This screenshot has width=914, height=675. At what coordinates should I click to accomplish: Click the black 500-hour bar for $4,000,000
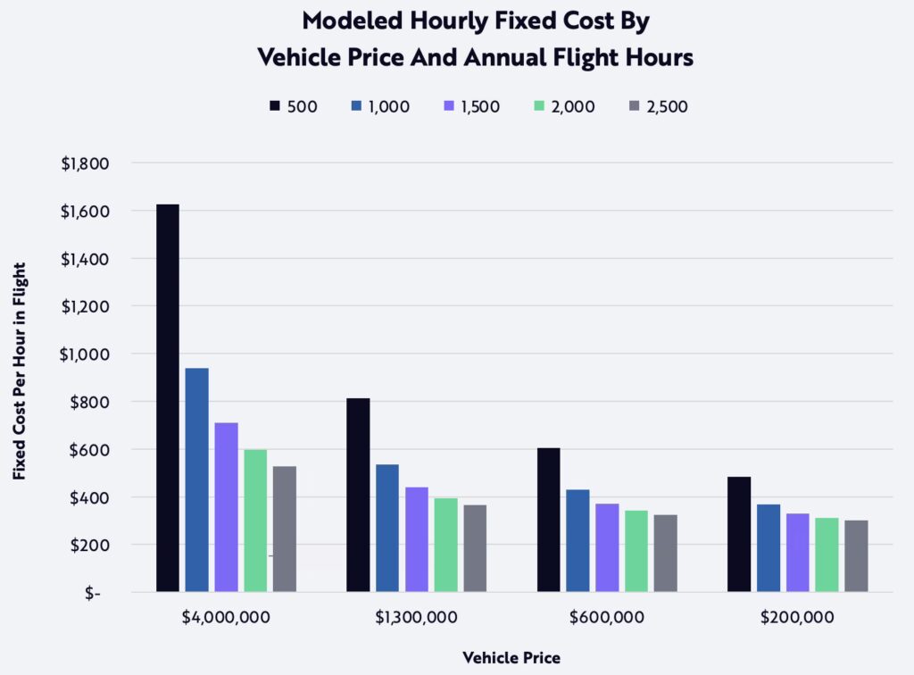[167, 398]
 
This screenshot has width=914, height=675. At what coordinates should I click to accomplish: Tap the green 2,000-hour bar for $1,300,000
[445, 545]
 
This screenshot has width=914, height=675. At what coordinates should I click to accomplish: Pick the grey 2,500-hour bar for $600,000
[665, 553]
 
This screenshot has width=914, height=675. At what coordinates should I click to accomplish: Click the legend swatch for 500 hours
[275, 106]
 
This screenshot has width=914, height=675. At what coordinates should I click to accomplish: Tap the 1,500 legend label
[479, 106]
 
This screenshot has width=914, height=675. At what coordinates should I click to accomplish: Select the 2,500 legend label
[667, 106]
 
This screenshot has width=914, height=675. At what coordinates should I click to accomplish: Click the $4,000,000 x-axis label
[226, 617]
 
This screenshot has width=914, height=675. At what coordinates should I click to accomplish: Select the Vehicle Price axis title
[511, 658]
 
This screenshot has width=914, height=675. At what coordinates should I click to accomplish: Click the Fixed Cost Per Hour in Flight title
[20, 371]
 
